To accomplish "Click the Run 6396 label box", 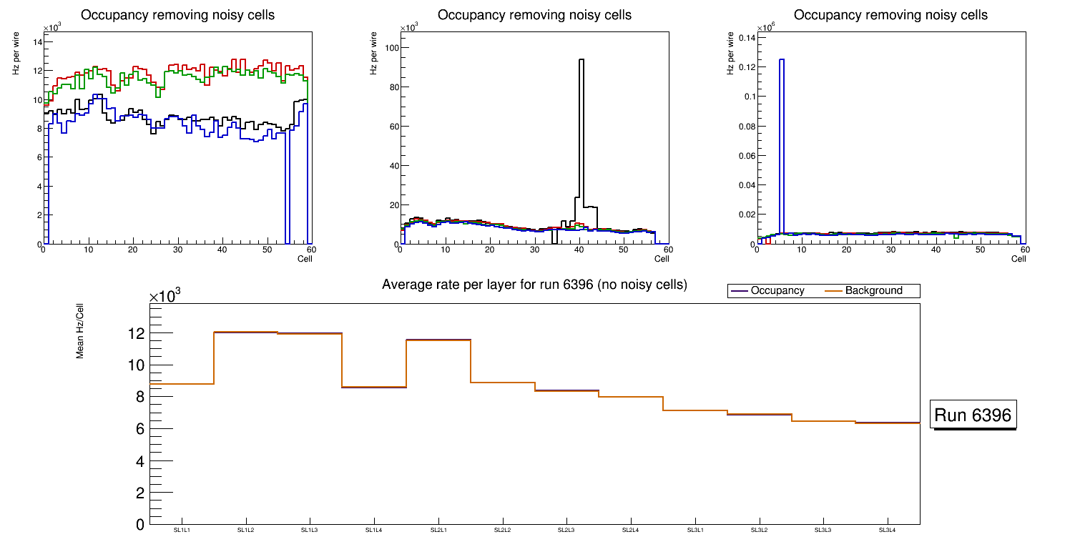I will [x=973, y=415].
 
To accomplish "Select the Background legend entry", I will [x=873, y=291].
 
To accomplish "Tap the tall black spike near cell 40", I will [x=581, y=129].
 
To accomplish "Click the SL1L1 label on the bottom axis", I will [x=182, y=530].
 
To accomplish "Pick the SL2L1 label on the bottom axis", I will [x=438, y=530].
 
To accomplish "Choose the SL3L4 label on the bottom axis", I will [x=887, y=530].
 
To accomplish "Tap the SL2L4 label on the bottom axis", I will [x=630, y=530].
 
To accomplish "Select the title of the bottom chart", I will [x=534, y=285].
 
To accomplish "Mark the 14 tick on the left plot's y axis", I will [x=37, y=41].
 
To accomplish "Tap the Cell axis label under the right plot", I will [x=1019, y=258].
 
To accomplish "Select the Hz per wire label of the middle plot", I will [x=373, y=58].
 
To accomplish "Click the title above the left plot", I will [x=178, y=15].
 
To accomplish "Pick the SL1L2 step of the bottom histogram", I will [x=245, y=332].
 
